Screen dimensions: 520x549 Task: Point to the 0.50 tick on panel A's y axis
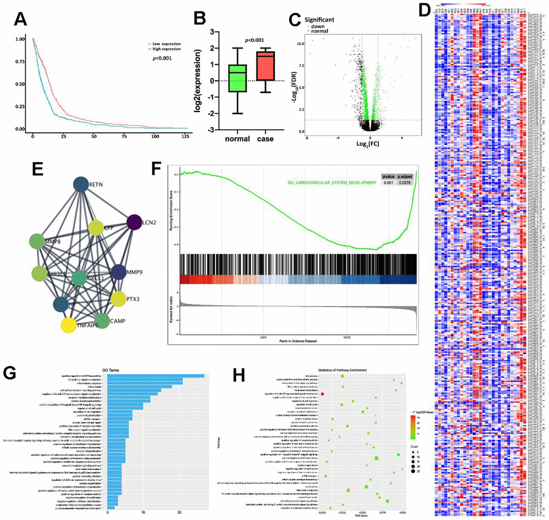[x=20, y=85]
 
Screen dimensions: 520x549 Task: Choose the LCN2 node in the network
[x=134, y=221]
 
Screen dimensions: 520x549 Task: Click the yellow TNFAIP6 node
[x=68, y=325]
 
